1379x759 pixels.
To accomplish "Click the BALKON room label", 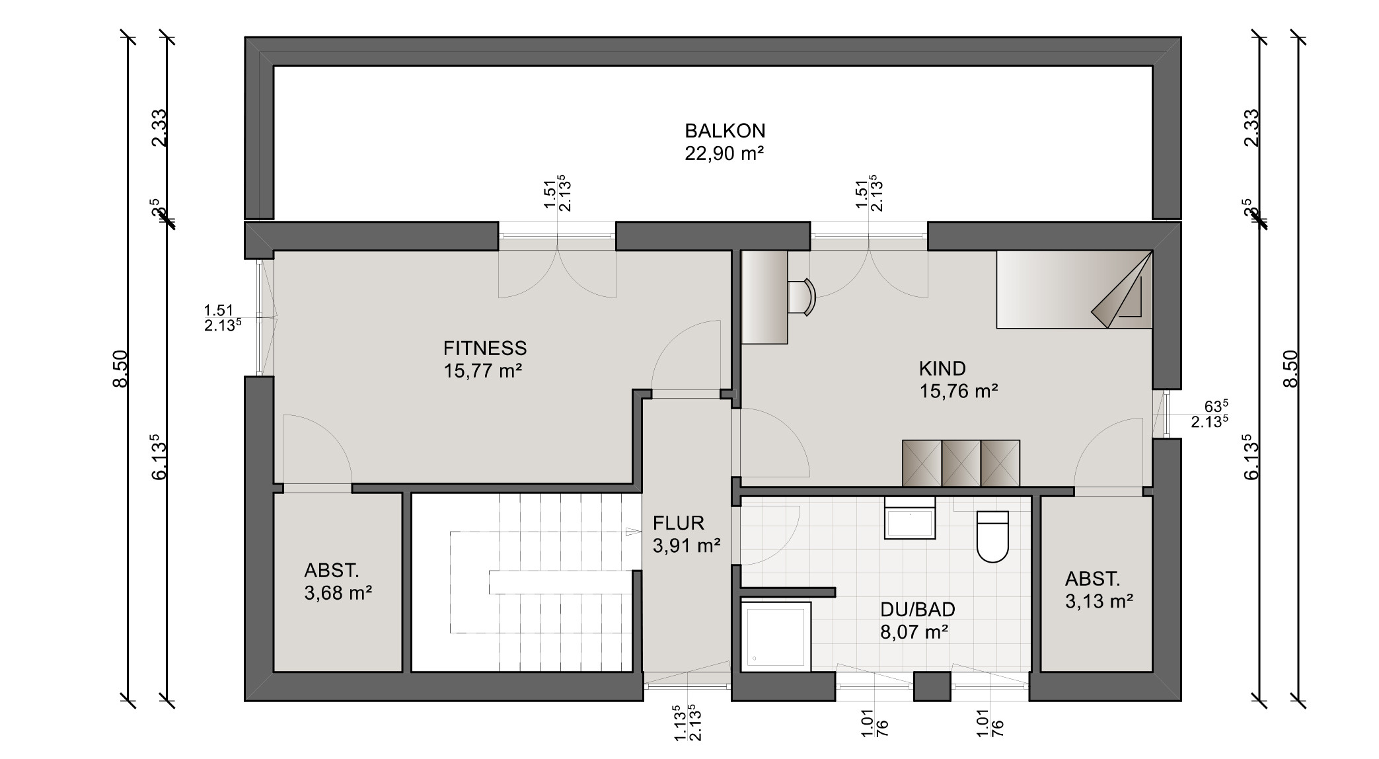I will click(x=724, y=130).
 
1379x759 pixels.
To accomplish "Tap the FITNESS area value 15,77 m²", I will click(x=483, y=371).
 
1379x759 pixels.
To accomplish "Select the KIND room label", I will click(x=942, y=368).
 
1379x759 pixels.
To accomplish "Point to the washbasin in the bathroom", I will click(x=910, y=522).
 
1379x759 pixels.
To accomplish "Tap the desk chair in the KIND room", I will click(x=802, y=296).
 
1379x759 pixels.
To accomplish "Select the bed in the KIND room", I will click(x=1074, y=289).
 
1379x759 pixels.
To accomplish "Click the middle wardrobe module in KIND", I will click(x=961, y=463).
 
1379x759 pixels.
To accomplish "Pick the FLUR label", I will click(x=679, y=524).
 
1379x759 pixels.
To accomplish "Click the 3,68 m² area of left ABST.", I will click(x=338, y=593).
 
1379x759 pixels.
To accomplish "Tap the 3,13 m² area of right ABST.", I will click(x=1099, y=602).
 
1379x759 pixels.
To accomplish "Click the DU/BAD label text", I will click(x=917, y=610).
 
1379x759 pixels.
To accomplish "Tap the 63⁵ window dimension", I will click(x=1214, y=406).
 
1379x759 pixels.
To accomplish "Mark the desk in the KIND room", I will click(x=764, y=297).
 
